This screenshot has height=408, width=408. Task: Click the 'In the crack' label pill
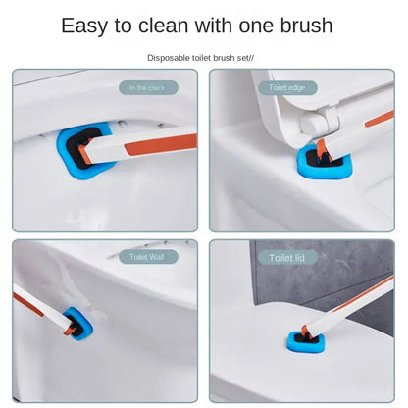pos(148,88)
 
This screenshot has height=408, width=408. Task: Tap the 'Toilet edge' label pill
pos(287,88)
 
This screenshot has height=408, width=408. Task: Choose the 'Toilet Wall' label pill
pos(148,257)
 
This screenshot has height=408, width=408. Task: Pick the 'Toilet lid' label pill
pos(287,258)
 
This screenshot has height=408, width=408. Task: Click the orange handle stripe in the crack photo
pos(161,144)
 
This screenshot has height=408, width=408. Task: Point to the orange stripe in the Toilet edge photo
pos(380,119)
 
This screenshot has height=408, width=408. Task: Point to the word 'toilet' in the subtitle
pos(202,58)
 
